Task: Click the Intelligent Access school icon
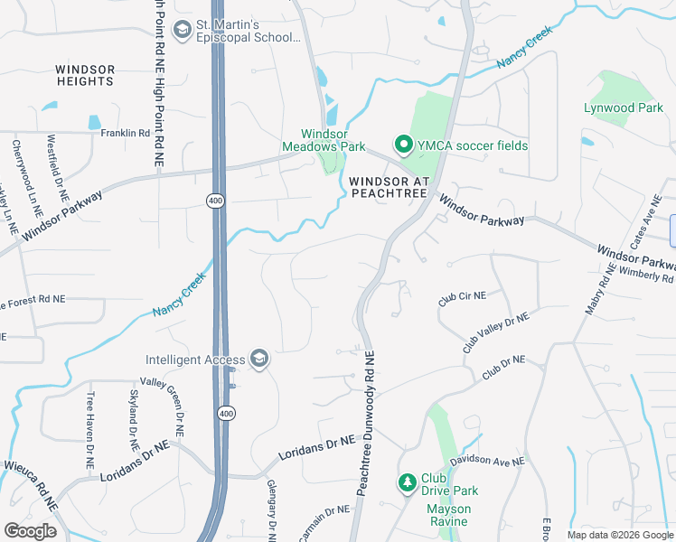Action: tap(259, 360)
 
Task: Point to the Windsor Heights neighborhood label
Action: tap(85, 75)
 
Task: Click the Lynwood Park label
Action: tap(623, 107)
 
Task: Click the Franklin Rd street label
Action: tap(125, 133)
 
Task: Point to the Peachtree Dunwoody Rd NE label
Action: tap(369, 423)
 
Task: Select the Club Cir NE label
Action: tap(462, 297)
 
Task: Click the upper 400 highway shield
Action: tap(215, 201)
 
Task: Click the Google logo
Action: tap(30, 531)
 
